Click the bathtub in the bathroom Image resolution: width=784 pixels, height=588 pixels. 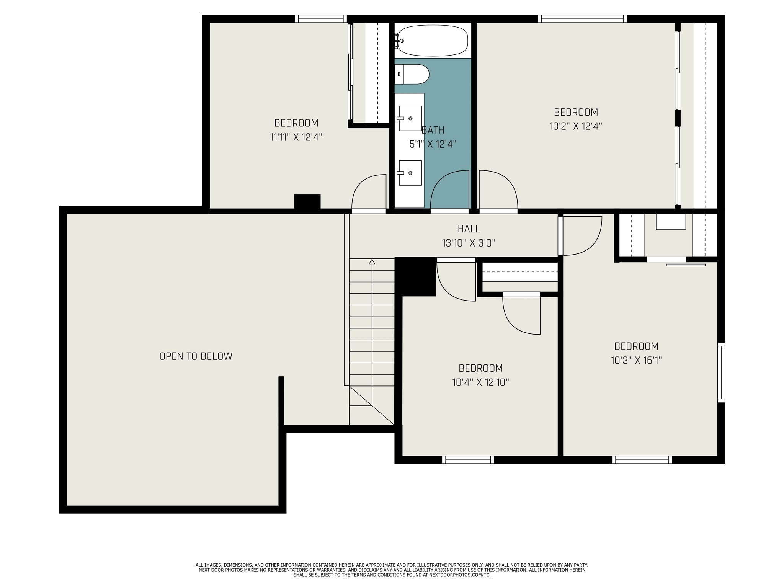click(x=433, y=40)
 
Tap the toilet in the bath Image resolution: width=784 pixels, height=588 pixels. click(x=412, y=74)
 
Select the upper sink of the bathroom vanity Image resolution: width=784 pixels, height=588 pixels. click(x=410, y=118)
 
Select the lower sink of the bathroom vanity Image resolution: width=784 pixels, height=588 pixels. click(x=410, y=173)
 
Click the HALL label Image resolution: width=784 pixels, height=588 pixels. click(x=469, y=229)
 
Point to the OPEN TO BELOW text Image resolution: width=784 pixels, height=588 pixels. click(x=196, y=356)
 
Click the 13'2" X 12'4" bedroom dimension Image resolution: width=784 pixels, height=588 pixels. click(x=576, y=126)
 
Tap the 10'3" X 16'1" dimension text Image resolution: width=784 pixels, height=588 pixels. click(x=636, y=360)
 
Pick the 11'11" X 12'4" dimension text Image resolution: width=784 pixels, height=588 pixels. click(x=296, y=137)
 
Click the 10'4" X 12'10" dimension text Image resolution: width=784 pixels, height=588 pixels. click(x=480, y=382)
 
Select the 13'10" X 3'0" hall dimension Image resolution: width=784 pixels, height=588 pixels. click(x=469, y=243)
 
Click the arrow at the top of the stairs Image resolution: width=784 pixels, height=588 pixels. click(x=372, y=262)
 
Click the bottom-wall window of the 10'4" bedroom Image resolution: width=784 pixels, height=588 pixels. click(x=468, y=460)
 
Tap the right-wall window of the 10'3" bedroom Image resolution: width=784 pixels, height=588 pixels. click(x=721, y=372)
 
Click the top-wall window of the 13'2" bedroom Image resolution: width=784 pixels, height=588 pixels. click(x=582, y=19)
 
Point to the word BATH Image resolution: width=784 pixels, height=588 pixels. click(x=433, y=130)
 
